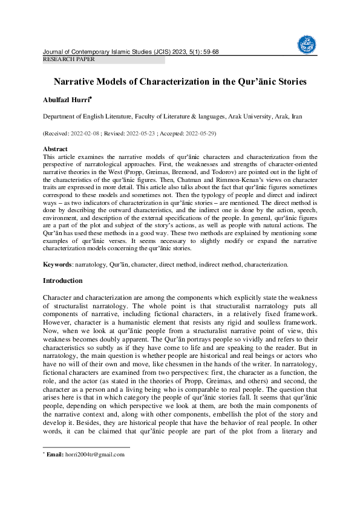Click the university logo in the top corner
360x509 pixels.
(x=307, y=44)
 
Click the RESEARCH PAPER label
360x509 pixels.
(x=68, y=59)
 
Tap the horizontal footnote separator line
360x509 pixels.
(x=86, y=448)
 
